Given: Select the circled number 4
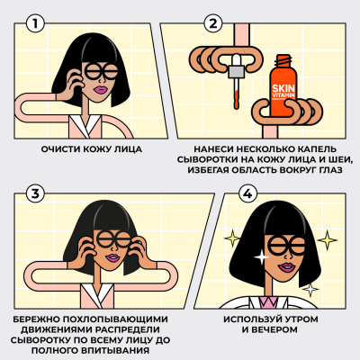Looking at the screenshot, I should tap(246, 193).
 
